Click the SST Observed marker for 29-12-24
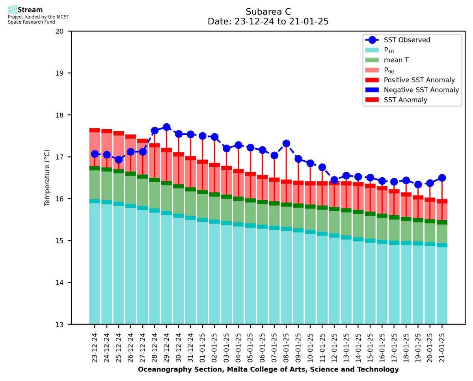166,127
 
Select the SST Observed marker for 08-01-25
286,143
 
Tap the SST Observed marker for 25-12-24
119,160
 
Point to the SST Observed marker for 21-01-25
442,178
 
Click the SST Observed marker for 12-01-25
334,180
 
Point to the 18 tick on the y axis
63,115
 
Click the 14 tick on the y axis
63,282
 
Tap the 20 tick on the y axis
63,31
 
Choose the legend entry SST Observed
407,40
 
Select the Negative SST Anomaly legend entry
421,90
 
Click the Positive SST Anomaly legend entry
419,80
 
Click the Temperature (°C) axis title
47,178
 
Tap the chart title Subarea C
268,11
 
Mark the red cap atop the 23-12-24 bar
95,130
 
